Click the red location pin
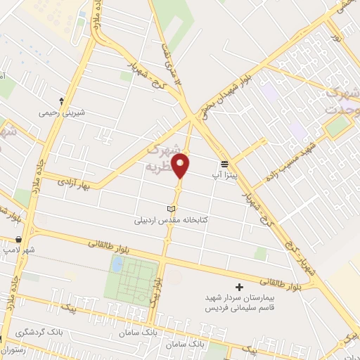click(x=181, y=165)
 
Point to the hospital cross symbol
click(x=240, y=288)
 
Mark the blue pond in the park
click(x=117, y=265)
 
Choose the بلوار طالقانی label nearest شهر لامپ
click(x=112, y=244)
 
